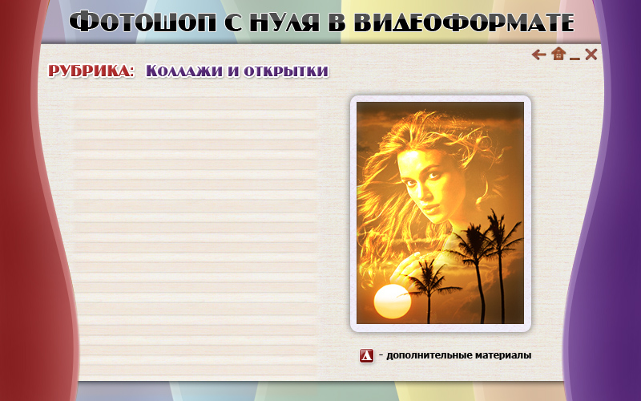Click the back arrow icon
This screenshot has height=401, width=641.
pyautogui.click(x=538, y=55)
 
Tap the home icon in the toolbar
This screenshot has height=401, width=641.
pyautogui.click(x=558, y=54)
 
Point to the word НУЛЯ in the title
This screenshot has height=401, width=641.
pyautogui.click(x=284, y=22)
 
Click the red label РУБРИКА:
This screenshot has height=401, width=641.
pyautogui.click(x=91, y=71)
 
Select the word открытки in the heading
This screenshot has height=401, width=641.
pyautogui.click(x=286, y=71)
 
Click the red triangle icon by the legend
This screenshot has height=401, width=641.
pyautogui.click(x=367, y=356)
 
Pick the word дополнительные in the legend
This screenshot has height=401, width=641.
pyautogui.click(x=429, y=355)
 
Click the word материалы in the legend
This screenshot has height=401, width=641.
pyautogui.click(x=503, y=355)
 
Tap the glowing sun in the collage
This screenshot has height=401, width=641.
pyautogui.click(x=393, y=302)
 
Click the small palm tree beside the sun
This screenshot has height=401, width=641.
pyautogui.click(x=429, y=286)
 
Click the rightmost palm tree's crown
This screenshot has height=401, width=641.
pyautogui.click(x=501, y=230)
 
